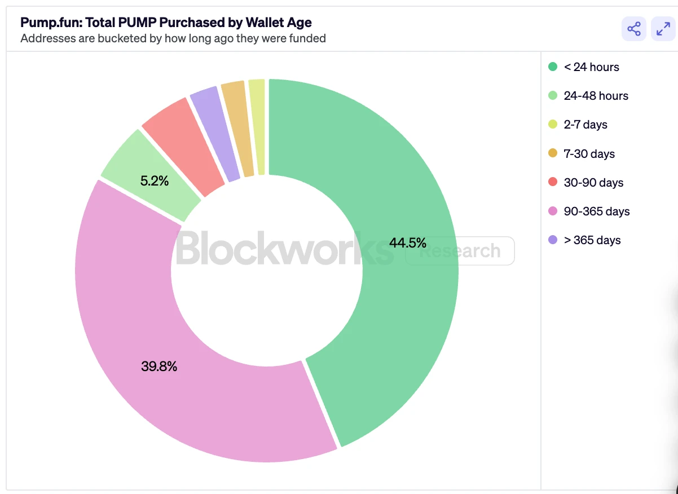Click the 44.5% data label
click(407, 243)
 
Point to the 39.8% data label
click(159, 367)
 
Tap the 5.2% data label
click(154, 182)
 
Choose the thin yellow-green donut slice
click(258, 125)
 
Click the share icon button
click(634, 29)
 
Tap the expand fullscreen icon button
click(663, 29)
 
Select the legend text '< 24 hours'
click(591, 67)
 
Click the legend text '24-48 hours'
click(596, 96)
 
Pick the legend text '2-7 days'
click(585, 125)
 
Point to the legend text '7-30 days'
click(589, 154)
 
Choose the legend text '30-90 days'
click(593, 183)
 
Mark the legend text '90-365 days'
click(597, 211)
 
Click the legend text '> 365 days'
click(592, 240)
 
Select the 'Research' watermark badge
click(460, 251)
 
